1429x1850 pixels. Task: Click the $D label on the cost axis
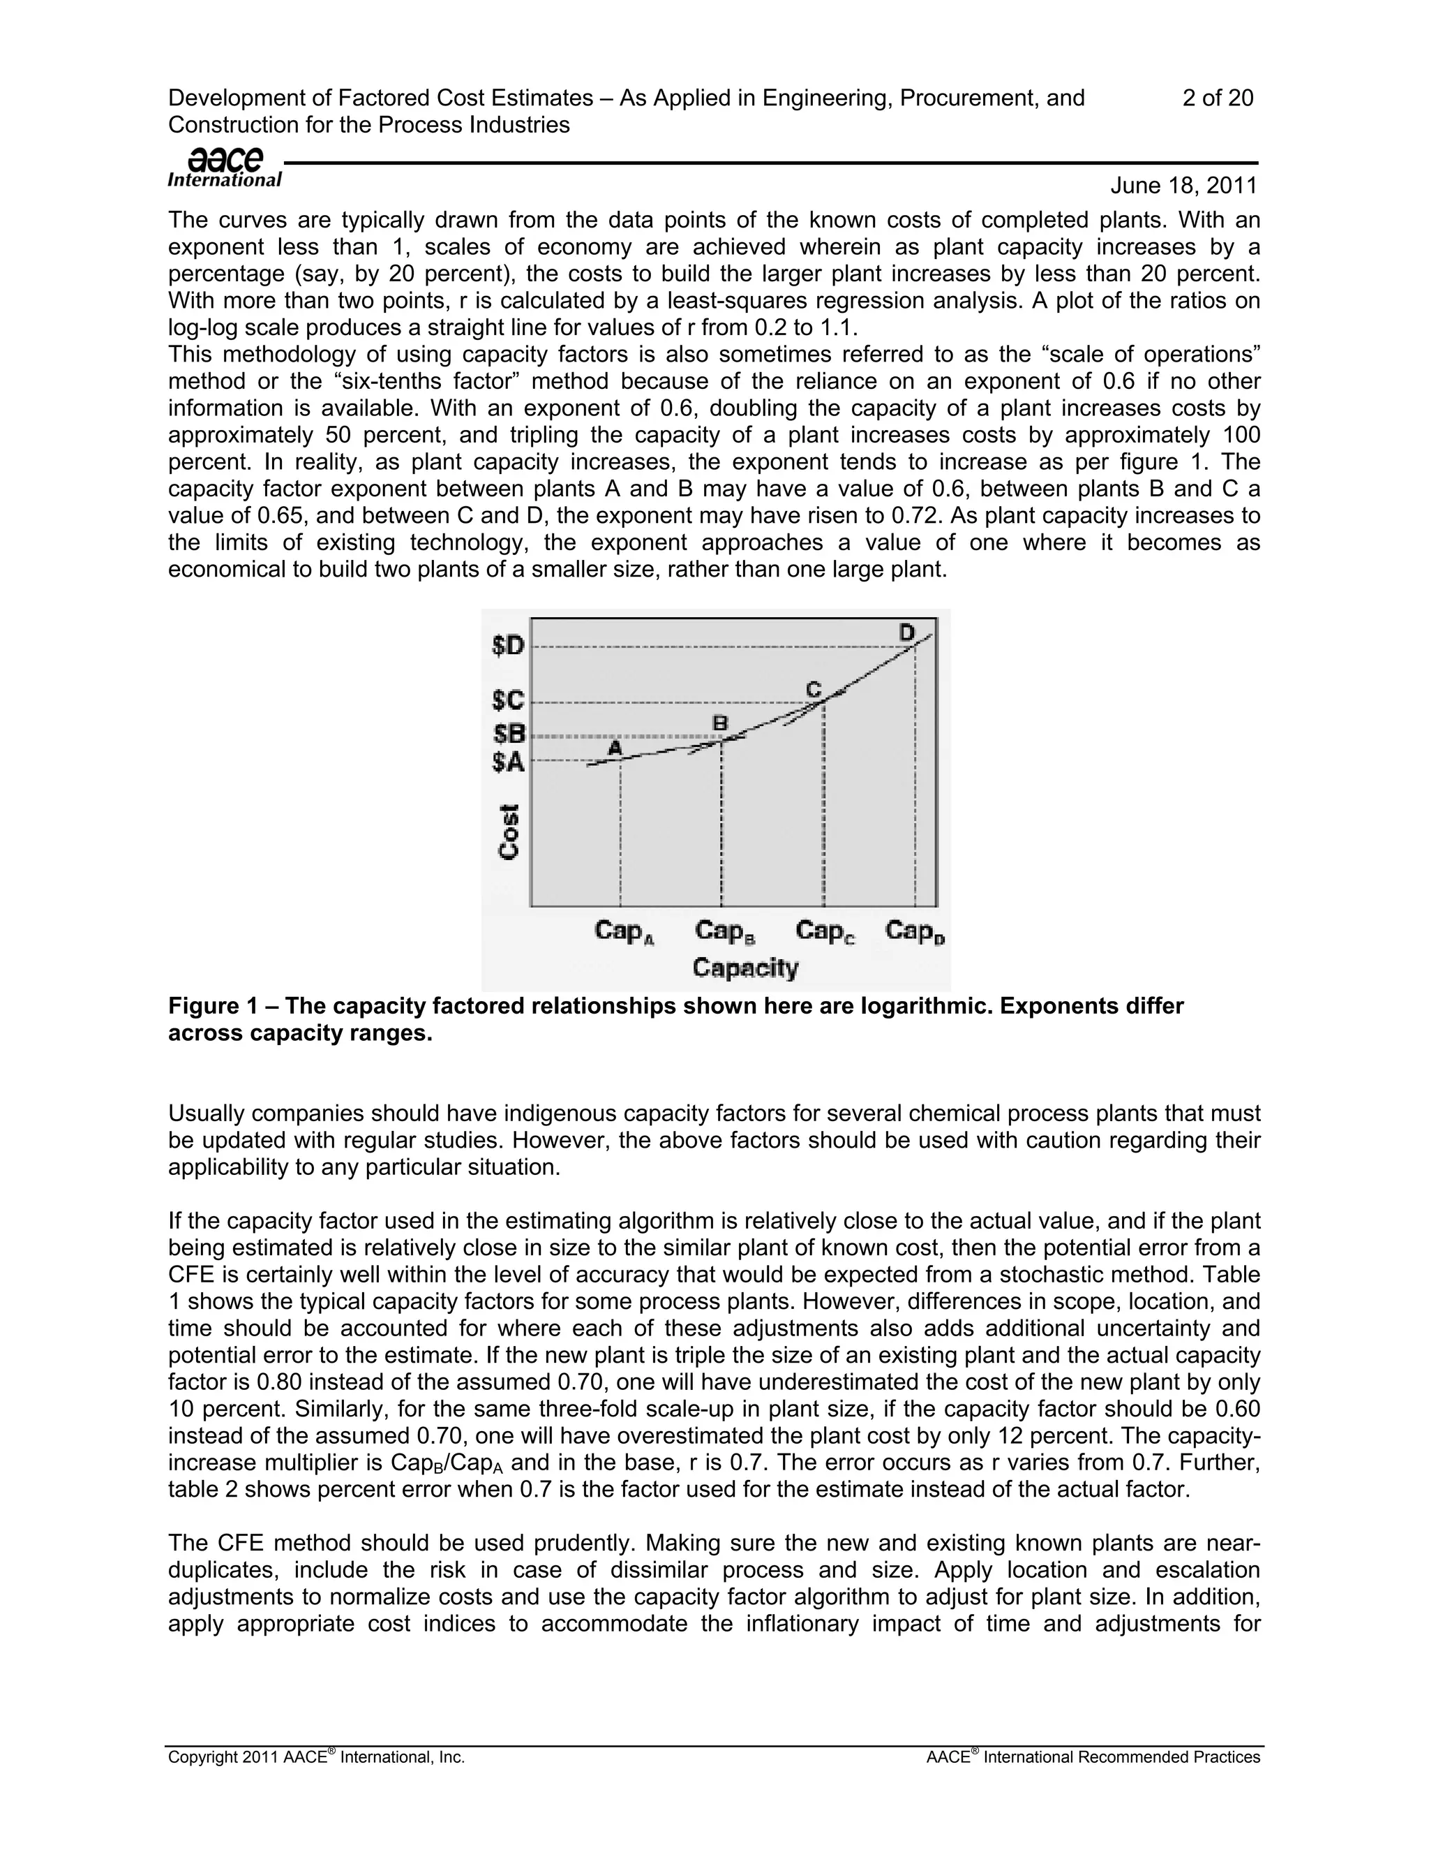tap(508, 646)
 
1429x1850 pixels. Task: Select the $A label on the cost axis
tap(508, 762)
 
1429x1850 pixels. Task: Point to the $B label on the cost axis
tap(508, 733)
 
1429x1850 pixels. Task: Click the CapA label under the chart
tap(624, 932)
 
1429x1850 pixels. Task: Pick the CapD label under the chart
tap(914, 932)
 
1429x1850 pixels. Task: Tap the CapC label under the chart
tap(825, 932)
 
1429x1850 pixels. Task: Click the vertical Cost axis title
tap(509, 832)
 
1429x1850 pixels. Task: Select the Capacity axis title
tap(745, 968)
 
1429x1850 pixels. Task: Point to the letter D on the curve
tap(906, 632)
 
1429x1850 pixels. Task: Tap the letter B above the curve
tap(719, 723)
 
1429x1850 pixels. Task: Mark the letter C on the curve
tap(813, 690)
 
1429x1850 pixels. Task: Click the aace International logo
tap(225, 168)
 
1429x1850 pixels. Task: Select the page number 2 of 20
tap(1218, 98)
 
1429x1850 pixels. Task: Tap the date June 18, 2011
tap(1183, 186)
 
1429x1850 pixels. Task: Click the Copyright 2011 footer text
tap(316, 1758)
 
